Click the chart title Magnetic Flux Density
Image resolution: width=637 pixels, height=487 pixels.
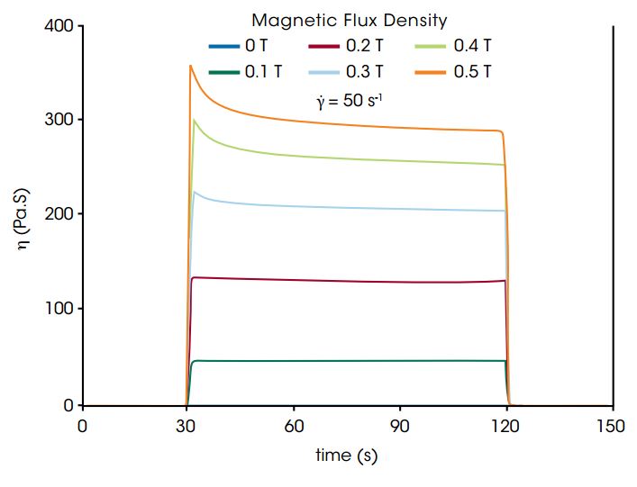click(x=350, y=20)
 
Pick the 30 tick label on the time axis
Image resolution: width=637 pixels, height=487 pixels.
click(x=188, y=426)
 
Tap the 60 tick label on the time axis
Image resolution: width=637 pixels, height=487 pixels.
click(x=294, y=426)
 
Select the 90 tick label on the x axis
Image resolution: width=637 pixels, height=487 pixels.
click(x=400, y=426)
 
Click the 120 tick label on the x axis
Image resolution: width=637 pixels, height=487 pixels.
click(x=506, y=426)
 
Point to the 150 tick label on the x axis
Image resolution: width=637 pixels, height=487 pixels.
click(x=612, y=426)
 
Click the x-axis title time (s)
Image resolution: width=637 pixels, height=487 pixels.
click(x=346, y=456)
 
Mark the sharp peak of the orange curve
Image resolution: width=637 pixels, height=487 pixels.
click(x=190, y=66)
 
